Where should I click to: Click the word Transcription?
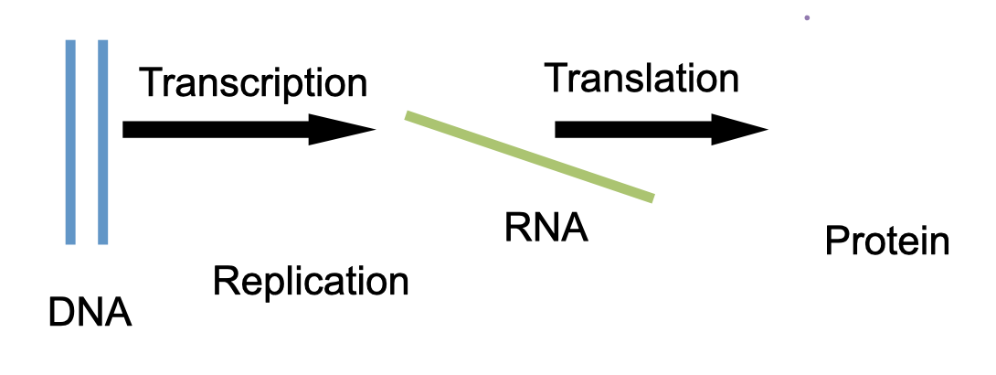coord(253,83)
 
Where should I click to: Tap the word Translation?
coord(641,79)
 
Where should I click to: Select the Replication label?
coord(311,281)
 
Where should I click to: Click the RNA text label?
coord(546,228)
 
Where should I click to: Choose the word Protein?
coord(886,242)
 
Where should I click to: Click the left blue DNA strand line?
coord(70,142)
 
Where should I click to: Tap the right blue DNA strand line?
coord(102,142)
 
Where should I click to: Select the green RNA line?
coord(529,155)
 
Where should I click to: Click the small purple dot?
coord(807,17)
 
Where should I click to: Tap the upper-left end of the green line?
coord(409,114)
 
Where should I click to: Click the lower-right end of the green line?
coord(651,196)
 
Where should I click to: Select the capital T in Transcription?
coord(153,83)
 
